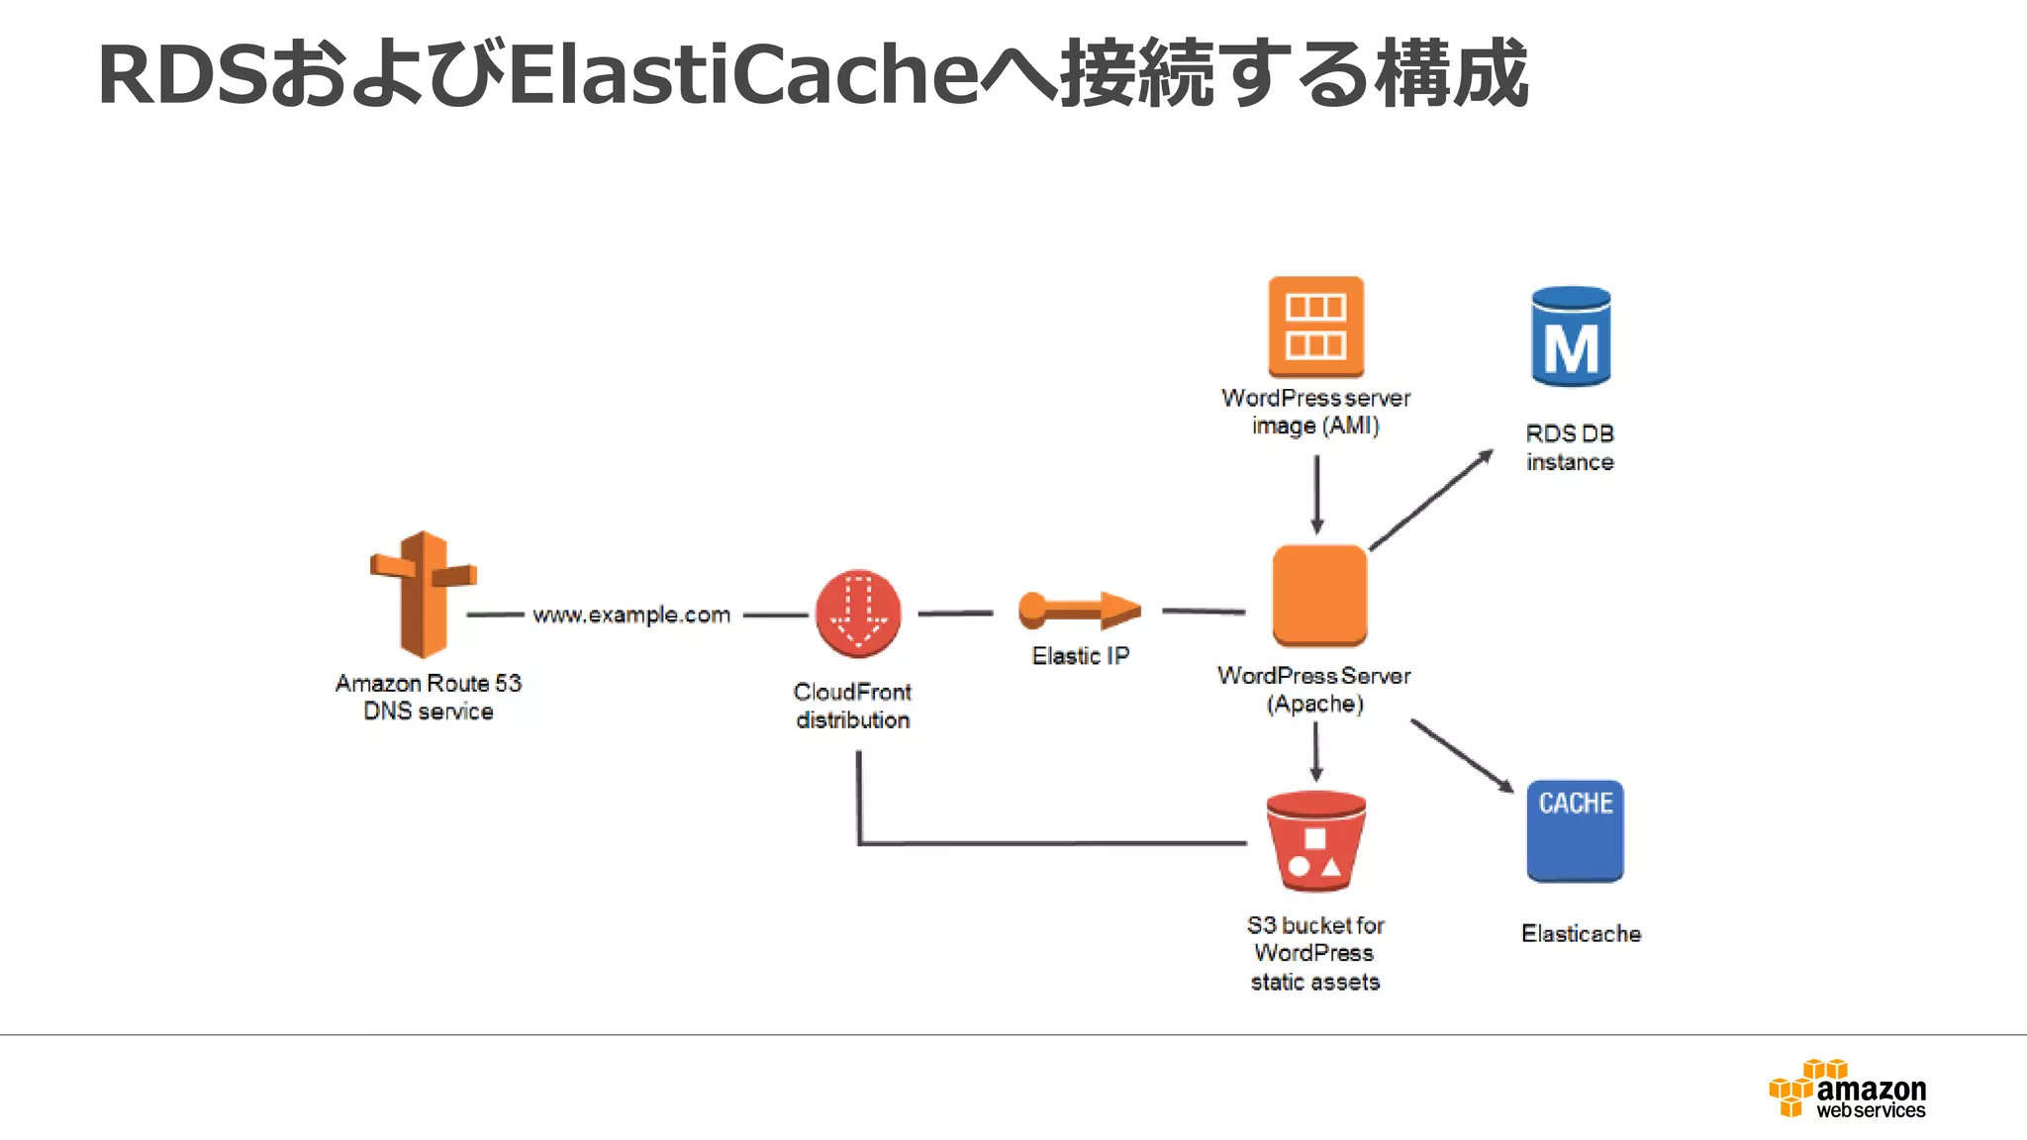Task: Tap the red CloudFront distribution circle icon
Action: (858, 614)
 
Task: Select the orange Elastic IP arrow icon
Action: (1079, 611)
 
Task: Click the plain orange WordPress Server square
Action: (1319, 594)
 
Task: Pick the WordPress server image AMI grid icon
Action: (1315, 326)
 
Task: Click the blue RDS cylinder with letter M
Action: (1571, 336)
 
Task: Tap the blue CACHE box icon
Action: (1575, 831)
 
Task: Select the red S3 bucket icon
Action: (1315, 841)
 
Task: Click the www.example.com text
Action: (631, 615)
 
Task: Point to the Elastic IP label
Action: (1080, 656)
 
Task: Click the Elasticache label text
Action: (1581, 933)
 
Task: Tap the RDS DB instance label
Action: (1570, 447)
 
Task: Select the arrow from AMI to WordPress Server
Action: (1316, 494)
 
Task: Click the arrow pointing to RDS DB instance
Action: (1431, 500)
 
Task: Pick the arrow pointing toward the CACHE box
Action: (1462, 755)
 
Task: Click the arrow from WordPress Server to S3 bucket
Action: (1316, 752)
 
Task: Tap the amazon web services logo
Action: (1847, 1090)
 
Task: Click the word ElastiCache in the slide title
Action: (742, 74)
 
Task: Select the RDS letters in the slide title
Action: (182, 74)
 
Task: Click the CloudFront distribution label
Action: (852, 706)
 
